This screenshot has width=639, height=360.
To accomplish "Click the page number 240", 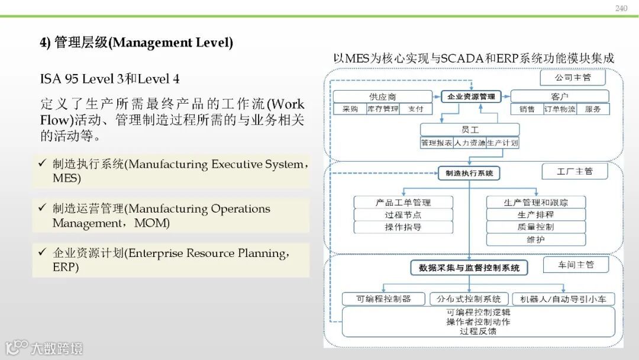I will (x=621, y=8).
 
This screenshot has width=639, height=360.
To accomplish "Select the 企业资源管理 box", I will (x=471, y=96).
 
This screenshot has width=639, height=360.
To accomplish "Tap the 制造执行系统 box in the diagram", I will (x=469, y=173).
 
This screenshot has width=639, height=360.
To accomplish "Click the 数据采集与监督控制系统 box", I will (x=469, y=268).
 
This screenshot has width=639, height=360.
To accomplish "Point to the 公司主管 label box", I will (x=572, y=78).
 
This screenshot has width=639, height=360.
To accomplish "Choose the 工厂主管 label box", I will (x=575, y=172).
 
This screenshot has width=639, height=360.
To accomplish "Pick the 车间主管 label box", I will (x=576, y=265).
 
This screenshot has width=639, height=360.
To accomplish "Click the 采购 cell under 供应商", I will (x=346, y=109).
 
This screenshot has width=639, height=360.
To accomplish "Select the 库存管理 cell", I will (x=383, y=109).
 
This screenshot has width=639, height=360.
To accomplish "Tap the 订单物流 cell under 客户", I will (x=559, y=109).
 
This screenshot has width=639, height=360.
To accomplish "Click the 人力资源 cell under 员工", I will (x=470, y=143).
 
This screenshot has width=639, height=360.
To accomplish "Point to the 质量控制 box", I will (x=536, y=227).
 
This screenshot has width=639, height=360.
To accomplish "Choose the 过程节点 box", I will (x=403, y=215).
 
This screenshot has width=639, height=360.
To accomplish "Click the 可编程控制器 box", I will (x=383, y=299).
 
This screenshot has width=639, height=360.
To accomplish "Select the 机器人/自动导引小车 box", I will (x=563, y=299).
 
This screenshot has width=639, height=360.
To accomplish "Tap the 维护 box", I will (x=536, y=239).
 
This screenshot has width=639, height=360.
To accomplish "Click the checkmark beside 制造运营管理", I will (x=42, y=208).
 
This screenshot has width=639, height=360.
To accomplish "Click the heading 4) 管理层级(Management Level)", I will (x=136, y=43).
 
